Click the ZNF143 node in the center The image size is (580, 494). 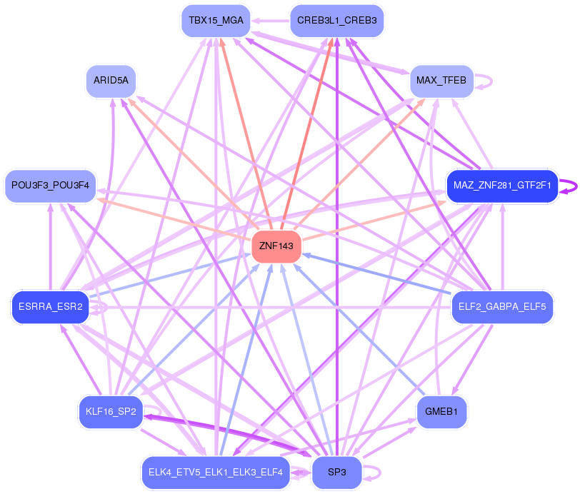pos(276,246)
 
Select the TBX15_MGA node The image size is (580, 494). pos(216,20)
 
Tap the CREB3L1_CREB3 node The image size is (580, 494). pos(337,20)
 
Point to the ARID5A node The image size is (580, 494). pos(111,81)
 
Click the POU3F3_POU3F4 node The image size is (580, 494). pos(50,186)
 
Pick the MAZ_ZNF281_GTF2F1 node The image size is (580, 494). pos(502,186)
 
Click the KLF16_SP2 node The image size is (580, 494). pos(111,412)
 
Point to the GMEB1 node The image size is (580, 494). pos(441,412)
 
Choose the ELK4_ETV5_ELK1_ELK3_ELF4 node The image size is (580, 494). pos(216,472)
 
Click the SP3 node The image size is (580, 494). pos(336,472)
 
